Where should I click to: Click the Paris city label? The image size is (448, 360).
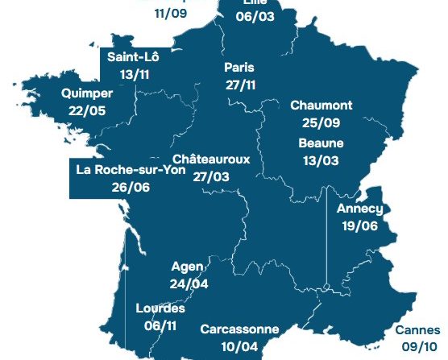pos(239,67)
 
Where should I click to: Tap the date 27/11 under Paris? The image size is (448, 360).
pos(239,84)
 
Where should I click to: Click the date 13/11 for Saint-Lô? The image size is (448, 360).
pos(135,74)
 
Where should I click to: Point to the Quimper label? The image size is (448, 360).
pos(87,93)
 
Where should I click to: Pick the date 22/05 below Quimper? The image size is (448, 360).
pos(87,110)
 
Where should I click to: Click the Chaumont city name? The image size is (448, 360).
pos(321,106)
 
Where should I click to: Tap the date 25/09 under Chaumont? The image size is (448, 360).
pos(321,122)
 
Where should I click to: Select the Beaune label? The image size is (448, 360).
pos(321,143)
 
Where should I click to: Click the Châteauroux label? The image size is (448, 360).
pos(211,159)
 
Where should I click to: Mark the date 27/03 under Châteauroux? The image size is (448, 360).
pos(211,176)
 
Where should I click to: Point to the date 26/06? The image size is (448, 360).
pos(131,187)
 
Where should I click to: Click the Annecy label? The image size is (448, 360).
pos(359,209)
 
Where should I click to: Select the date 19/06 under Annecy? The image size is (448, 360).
pos(359,226)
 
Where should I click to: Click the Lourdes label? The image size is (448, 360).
pos(161,308)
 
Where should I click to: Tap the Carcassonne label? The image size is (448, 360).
pos(239,329)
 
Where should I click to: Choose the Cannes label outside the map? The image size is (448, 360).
pos(418,329)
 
